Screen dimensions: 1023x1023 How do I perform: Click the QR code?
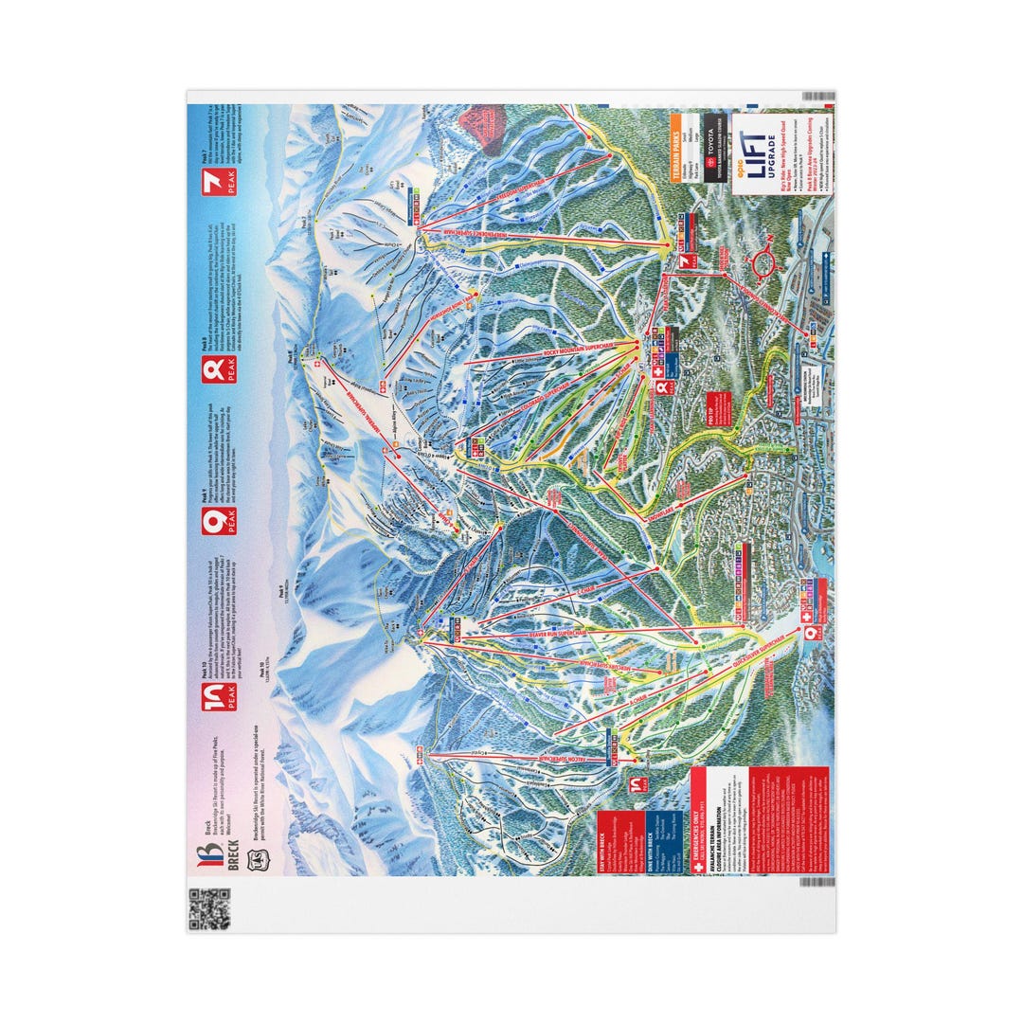pyautogui.click(x=209, y=909)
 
